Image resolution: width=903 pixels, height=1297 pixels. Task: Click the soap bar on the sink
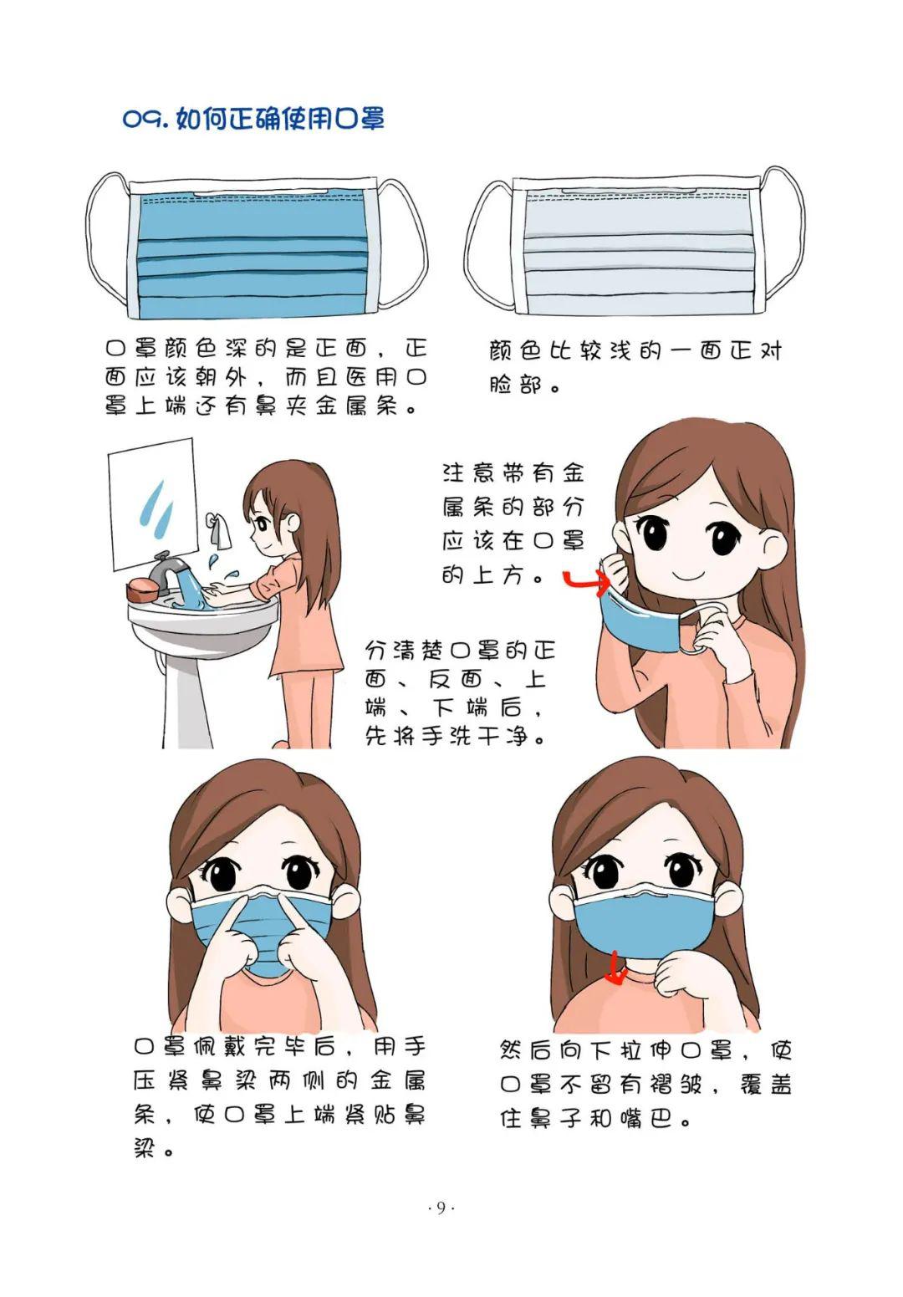141,590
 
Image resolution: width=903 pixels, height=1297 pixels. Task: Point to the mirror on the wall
153,503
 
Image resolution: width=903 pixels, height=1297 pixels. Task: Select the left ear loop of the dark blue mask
106,243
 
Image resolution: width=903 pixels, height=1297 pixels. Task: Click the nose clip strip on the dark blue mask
261,192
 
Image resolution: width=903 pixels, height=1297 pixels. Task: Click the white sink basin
202,622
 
